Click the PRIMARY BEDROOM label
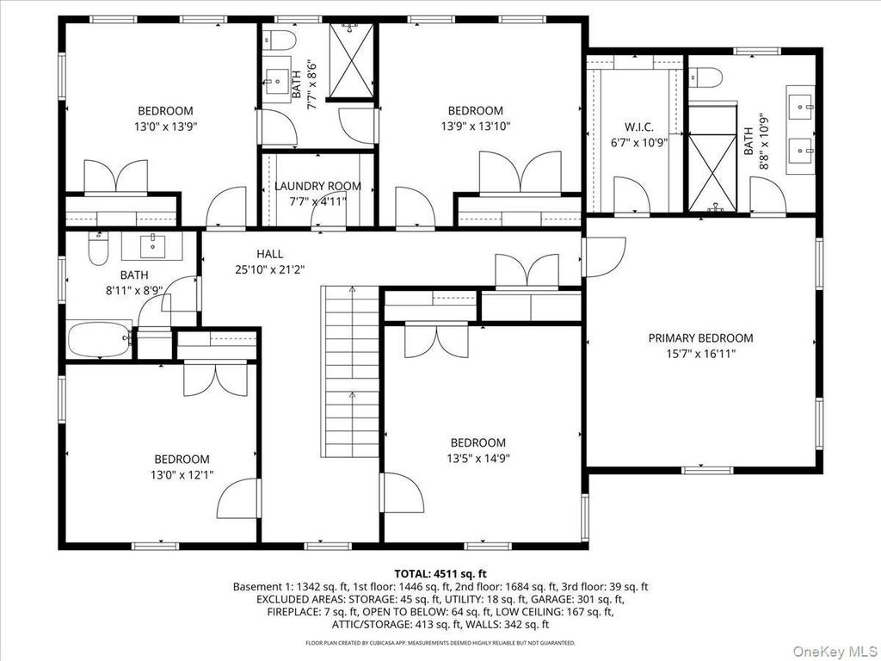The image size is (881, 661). click(x=700, y=337)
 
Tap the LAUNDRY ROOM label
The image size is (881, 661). click(x=318, y=186)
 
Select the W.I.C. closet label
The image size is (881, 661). click(x=639, y=127)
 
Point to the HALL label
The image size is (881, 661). click(x=269, y=254)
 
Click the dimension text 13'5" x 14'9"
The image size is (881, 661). click(x=478, y=458)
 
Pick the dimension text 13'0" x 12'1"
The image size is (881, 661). click(x=182, y=475)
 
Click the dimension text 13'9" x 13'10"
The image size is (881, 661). click(x=475, y=127)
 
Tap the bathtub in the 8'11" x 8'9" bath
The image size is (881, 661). click(x=100, y=339)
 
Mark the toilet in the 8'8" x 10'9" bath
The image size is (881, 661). click(x=705, y=77)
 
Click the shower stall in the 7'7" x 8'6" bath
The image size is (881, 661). click(x=351, y=61)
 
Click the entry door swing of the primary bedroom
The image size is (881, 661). click(x=605, y=256)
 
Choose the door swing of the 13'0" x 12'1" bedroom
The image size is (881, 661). click(x=238, y=500)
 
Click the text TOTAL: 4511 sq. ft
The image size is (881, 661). click(x=440, y=574)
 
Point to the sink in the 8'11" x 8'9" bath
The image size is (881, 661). click(x=152, y=246)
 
